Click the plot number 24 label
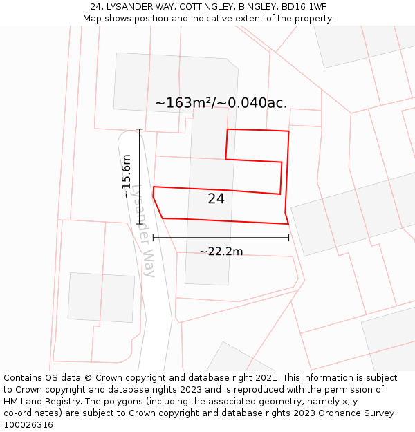point(216,199)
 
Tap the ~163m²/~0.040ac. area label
point(221,103)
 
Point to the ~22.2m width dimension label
point(221,252)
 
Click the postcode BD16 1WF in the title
point(298,7)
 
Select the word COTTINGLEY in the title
point(204,7)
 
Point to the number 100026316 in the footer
point(28,425)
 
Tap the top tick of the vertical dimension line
point(140,129)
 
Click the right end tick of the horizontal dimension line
point(288,238)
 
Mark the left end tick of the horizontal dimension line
point(153,238)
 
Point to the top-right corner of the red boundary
point(288,131)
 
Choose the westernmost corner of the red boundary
point(153,196)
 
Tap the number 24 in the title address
point(95,7)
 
